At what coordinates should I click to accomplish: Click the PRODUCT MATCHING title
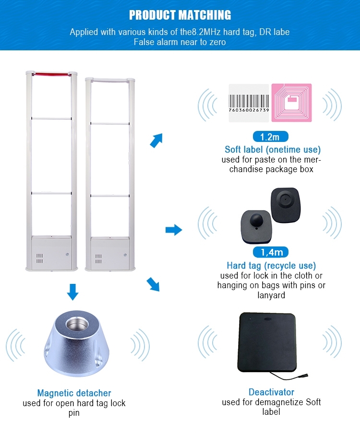click(x=180, y=15)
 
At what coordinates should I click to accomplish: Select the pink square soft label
click(x=291, y=102)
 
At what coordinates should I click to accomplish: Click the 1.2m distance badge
click(x=270, y=137)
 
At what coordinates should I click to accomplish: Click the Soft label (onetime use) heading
click(x=273, y=150)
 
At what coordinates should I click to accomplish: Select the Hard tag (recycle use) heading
click(x=271, y=265)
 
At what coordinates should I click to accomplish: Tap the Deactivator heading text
click(x=271, y=392)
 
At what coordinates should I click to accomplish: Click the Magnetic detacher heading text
click(x=74, y=393)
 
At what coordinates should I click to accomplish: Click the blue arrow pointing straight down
click(x=72, y=292)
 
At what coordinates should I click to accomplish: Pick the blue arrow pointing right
click(x=173, y=230)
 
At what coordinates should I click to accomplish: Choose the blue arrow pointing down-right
click(x=153, y=285)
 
